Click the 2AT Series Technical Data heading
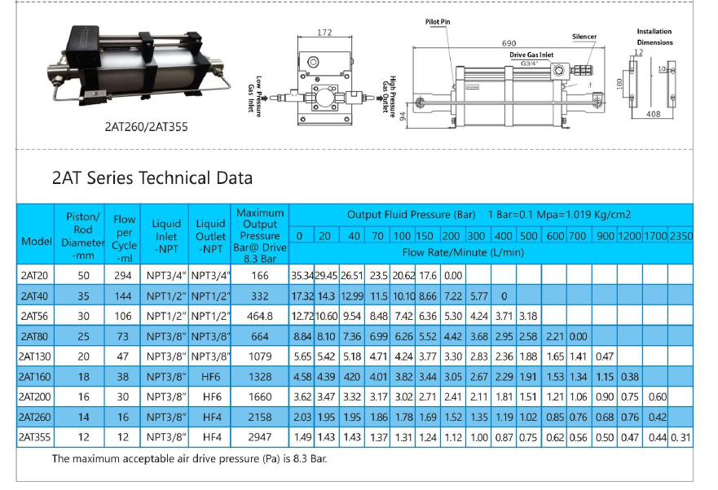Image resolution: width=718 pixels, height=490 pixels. click(x=152, y=178)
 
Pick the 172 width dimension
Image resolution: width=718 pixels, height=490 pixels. click(x=324, y=33)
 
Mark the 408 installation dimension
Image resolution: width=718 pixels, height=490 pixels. click(x=653, y=115)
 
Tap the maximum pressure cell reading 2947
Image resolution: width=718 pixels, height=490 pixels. click(x=259, y=437)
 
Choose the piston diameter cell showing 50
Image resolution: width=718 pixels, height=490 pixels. click(x=83, y=274)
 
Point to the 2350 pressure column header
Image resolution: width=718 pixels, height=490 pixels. click(x=680, y=236)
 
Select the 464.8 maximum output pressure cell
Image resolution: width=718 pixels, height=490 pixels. click(x=259, y=315)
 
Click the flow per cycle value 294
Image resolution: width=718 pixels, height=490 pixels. click(x=125, y=274)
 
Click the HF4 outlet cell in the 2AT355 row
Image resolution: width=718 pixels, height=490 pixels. click(x=210, y=437)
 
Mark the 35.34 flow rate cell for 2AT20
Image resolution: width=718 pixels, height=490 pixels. click(x=302, y=275)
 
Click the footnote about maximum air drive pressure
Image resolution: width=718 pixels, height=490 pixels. click(x=190, y=459)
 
